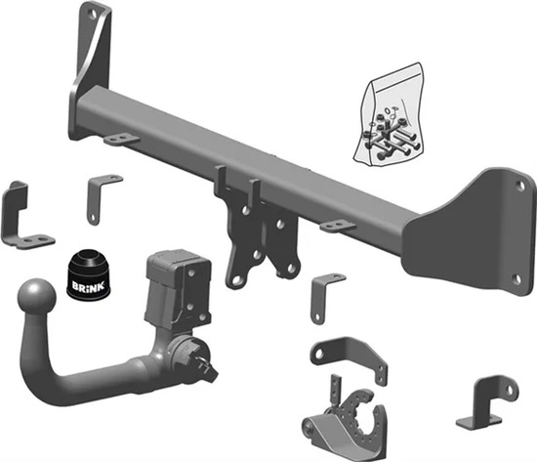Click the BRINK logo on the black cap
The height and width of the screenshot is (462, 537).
pos(88,286)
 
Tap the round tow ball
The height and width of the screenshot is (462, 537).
pos(36,297)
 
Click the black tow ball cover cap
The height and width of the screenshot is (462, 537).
pos(88,275)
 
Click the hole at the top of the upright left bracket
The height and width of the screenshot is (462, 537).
pos(92,14)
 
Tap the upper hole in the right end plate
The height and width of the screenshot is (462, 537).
pos(519,187)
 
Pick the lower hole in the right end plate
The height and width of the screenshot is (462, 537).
pos(517,279)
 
